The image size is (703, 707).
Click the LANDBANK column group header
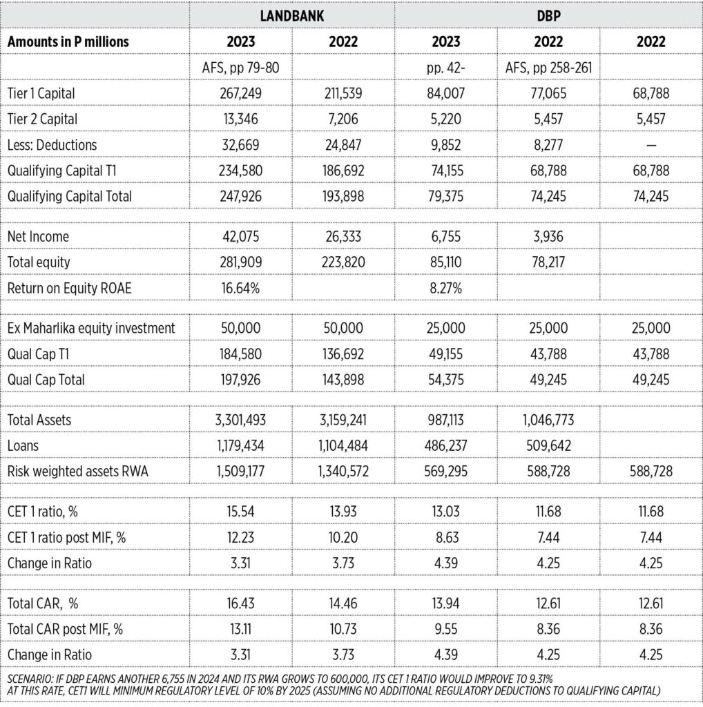(x=291, y=16)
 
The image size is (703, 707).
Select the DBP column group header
(x=548, y=16)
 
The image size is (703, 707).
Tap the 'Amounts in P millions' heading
(x=68, y=41)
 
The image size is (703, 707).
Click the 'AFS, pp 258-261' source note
(x=548, y=68)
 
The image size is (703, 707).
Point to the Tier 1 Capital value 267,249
(x=240, y=93)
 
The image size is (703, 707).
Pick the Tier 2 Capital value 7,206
(x=343, y=119)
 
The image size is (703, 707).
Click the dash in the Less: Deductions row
(x=651, y=145)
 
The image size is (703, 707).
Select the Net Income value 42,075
(x=240, y=237)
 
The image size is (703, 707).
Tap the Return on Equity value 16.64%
(x=240, y=288)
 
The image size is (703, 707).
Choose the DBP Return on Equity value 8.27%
(x=445, y=288)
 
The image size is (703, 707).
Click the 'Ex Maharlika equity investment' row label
(x=91, y=328)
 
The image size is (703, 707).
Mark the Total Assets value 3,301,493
(x=240, y=420)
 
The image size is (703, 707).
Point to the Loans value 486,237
(x=445, y=446)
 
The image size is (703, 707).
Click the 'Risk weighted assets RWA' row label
(x=78, y=472)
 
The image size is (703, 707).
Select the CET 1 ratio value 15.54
(x=240, y=512)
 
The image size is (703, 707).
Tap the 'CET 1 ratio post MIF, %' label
(x=67, y=537)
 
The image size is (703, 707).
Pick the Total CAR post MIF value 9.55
(x=445, y=630)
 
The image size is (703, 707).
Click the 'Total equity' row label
(x=39, y=262)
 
